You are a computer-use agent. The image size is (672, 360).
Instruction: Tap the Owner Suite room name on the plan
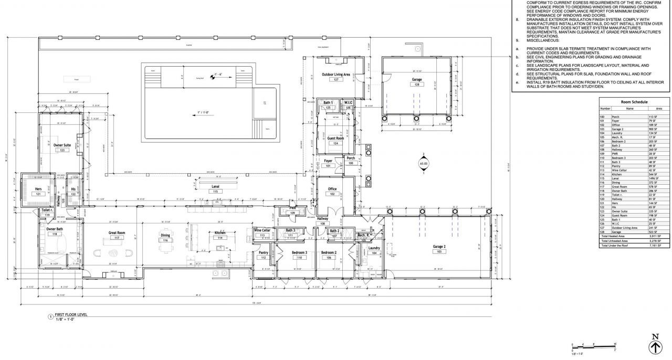pyautogui.click(x=62, y=145)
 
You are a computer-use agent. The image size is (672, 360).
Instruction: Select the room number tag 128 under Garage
pyautogui.click(x=417, y=84)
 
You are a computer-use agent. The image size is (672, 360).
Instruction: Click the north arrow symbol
pyautogui.click(x=655, y=345)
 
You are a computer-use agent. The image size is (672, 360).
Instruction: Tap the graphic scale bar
pyautogui.click(x=593, y=346)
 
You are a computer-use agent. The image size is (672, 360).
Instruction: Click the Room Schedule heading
pyautogui.click(x=634, y=102)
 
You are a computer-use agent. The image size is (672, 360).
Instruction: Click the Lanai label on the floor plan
pyautogui.click(x=215, y=186)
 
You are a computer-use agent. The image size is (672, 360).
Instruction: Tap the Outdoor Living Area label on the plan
pyautogui.click(x=336, y=75)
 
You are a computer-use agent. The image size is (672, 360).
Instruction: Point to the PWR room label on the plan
pyautogui.click(x=293, y=208)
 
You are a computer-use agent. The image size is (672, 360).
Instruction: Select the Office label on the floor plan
pyautogui.click(x=332, y=189)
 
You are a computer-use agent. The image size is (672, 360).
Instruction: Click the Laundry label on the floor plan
pyautogui.click(x=374, y=248)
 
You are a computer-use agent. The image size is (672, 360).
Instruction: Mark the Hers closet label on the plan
pyautogui.click(x=38, y=189)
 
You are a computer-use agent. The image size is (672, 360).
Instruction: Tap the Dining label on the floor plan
pyautogui.click(x=165, y=235)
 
